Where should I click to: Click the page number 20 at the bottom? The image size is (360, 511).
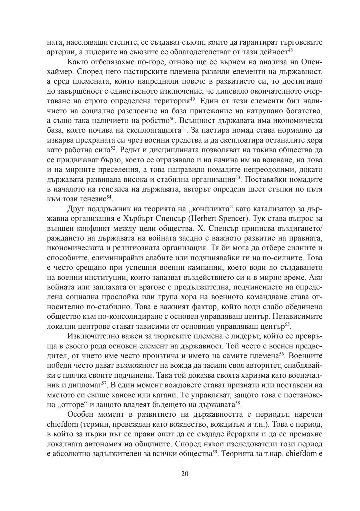click(x=185, y=474)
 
